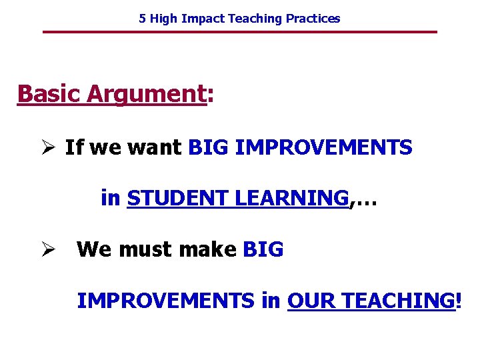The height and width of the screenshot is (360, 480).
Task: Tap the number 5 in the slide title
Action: (x=143, y=19)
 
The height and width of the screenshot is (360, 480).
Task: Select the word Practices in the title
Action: (x=313, y=19)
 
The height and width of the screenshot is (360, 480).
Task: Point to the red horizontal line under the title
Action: (x=240, y=32)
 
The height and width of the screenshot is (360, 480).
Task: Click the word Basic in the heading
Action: (x=49, y=94)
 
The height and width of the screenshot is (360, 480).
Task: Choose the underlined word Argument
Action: (x=146, y=94)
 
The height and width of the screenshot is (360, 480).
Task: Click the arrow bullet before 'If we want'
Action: (x=47, y=147)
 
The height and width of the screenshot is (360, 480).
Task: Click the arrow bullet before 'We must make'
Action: (x=47, y=249)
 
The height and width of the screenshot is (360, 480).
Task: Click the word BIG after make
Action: (x=263, y=249)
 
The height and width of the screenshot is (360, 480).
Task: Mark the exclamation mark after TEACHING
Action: (x=457, y=301)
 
